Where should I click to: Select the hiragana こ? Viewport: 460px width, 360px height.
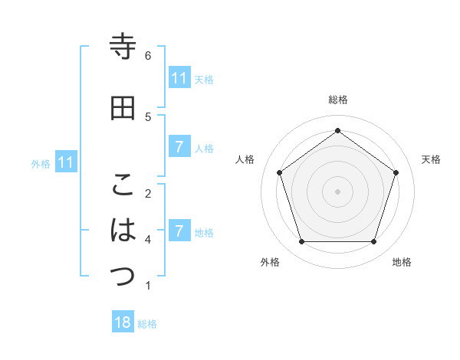pos(123,185)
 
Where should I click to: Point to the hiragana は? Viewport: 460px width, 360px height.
pos(123,230)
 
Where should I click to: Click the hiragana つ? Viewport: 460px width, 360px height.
pos(123,277)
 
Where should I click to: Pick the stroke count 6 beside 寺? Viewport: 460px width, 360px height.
pos(148,55)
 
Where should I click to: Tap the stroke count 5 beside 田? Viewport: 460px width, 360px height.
pos(148,116)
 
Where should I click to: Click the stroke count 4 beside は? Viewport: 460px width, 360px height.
pos(148,239)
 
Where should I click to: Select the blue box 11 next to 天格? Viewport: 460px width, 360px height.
pos(179,78)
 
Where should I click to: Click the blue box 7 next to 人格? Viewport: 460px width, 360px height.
pos(179,147)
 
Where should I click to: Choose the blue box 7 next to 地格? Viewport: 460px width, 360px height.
pos(179,231)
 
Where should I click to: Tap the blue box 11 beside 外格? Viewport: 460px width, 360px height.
pos(66,162)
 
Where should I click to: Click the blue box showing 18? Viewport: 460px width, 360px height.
pos(123,322)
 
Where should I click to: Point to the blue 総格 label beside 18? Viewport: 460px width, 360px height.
pos(147,324)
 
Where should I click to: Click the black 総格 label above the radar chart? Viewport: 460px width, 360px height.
pos(338,100)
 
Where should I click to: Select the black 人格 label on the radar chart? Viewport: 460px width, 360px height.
pos(245,159)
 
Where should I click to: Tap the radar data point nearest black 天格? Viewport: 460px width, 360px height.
pos(396,172)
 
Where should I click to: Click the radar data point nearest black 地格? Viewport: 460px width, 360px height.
pos(374,242)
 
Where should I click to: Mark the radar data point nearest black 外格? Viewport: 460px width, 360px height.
pos(301,242)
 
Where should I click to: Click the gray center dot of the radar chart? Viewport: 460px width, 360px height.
pos(337,191)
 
